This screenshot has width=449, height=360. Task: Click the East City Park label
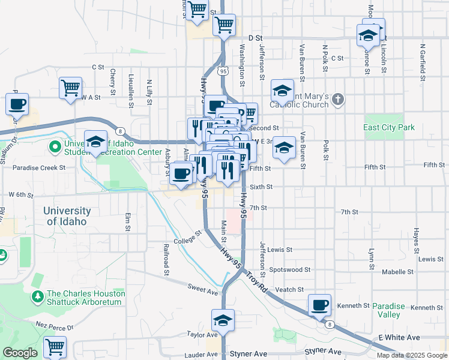click(x=389, y=128)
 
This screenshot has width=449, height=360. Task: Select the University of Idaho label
click(x=67, y=216)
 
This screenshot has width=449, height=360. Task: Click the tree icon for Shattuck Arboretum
click(x=38, y=296)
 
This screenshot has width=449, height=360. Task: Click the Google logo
click(x=20, y=353)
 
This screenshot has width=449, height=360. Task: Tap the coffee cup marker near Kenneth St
click(x=319, y=305)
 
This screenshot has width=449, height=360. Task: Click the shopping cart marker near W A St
click(x=70, y=88)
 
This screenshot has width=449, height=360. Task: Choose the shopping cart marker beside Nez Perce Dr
click(x=55, y=346)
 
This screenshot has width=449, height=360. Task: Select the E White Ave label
click(x=399, y=338)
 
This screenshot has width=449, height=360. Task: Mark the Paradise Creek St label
click(x=38, y=168)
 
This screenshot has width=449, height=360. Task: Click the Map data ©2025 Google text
click(x=411, y=355)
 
